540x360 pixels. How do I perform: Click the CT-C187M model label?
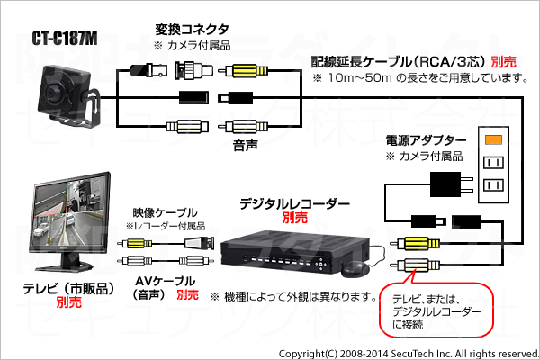65,38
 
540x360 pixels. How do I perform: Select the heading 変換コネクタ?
193,30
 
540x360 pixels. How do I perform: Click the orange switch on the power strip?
493,139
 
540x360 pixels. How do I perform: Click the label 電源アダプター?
426,140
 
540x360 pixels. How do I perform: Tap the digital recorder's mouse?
355,268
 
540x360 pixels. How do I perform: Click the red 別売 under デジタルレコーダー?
294,218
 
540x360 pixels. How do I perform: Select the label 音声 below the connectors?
245,146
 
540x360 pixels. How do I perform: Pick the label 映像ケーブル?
165,212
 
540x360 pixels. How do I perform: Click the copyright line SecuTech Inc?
409,354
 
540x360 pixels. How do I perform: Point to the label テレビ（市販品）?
68,289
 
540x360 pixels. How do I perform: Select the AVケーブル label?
166,282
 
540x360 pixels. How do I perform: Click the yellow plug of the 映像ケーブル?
135,244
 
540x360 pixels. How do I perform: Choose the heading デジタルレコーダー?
294,204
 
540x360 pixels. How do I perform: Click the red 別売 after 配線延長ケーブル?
504,62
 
